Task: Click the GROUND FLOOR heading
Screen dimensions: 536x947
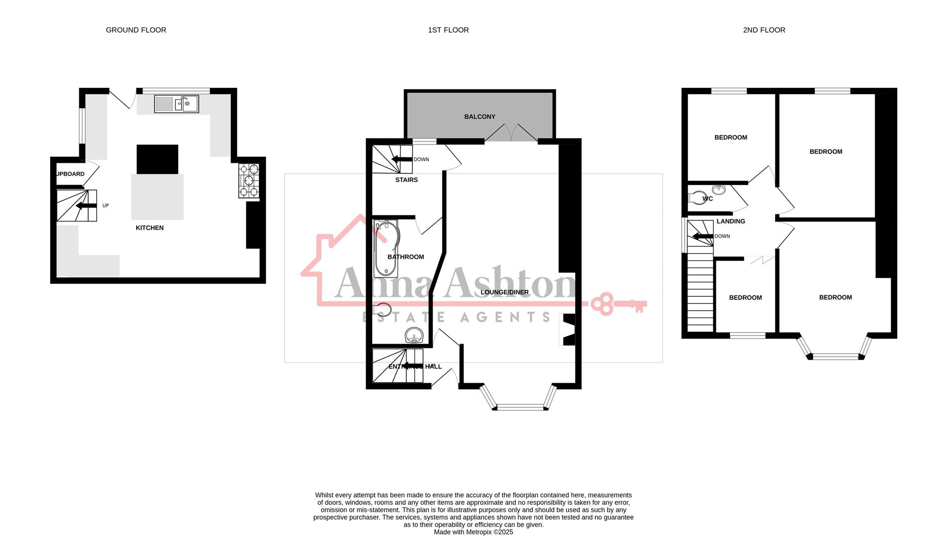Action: pyautogui.click(x=136, y=30)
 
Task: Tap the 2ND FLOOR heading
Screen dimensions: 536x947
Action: pyautogui.click(x=764, y=30)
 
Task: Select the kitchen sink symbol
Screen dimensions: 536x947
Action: pyautogui.click(x=176, y=104)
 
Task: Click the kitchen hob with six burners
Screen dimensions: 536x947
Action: pyautogui.click(x=249, y=181)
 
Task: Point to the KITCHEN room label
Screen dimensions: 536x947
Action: pyautogui.click(x=150, y=228)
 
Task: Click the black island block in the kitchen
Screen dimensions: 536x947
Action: pyautogui.click(x=157, y=159)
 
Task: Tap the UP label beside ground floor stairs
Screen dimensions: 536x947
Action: pyautogui.click(x=105, y=205)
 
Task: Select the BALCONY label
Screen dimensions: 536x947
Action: pyautogui.click(x=479, y=117)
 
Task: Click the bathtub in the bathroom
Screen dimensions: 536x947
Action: pyautogui.click(x=387, y=248)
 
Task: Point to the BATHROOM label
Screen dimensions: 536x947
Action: pyautogui.click(x=405, y=257)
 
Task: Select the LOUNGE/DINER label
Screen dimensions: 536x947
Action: pyautogui.click(x=504, y=292)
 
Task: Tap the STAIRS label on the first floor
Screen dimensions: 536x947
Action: pyautogui.click(x=406, y=180)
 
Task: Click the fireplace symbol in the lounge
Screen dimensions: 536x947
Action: pyautogui.click(x=568, y=330)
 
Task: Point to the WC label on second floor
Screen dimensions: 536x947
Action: pyautogui.click(x=708, y=199)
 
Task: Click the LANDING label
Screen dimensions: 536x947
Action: pyautogui.click(x=730, y=221)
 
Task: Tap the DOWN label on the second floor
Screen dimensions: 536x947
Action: pyautogui.click(x=722, y=236)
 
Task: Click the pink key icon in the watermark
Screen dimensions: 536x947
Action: pyautogui.click(x=619, y=304)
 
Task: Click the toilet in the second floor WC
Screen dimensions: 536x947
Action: pyautogui.click(x=697, y=198)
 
